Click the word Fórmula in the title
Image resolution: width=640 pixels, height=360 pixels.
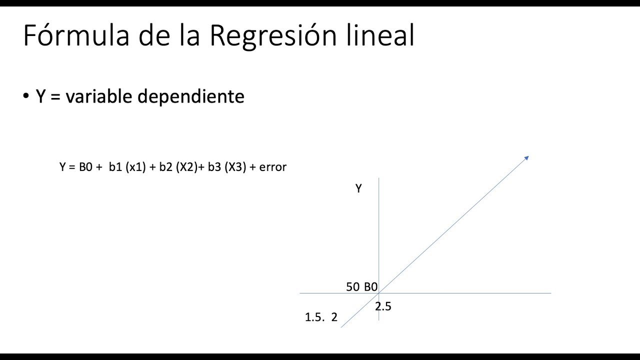click(x=76, y=35)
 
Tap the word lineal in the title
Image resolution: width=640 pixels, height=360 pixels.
click(x=380, y=35)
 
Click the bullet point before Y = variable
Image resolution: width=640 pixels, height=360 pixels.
click(x=26, y=95)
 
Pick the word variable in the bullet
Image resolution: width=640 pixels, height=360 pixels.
click(x=99, y=96)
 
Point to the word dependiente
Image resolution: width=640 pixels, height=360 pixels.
click(x=191, y=97)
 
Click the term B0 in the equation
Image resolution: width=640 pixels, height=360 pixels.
click(x=85, y=167)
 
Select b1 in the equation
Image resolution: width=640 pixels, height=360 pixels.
click(x=115, y=167)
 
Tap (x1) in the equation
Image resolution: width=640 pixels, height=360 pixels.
click(x=135, y=167)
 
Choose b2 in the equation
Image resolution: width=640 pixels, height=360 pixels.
click(x=165, y=167)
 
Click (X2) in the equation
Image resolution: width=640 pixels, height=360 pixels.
click(x=187, y=167)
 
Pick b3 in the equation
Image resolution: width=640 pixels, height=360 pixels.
click(x=214, y=167)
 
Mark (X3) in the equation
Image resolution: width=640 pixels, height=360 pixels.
click(x=235, y=167)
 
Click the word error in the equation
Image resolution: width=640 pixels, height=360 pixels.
click(x=272, y=167)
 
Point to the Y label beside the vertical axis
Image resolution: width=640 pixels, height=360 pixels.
click(x=358, y=188)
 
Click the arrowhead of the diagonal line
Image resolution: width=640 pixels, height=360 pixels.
click(x=527, y=158)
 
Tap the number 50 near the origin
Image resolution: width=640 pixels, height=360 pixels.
click(x=353, y=287)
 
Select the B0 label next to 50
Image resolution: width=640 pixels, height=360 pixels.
click(x=371, y=287)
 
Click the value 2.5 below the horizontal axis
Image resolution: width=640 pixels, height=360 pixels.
click(x=383, y=306)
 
